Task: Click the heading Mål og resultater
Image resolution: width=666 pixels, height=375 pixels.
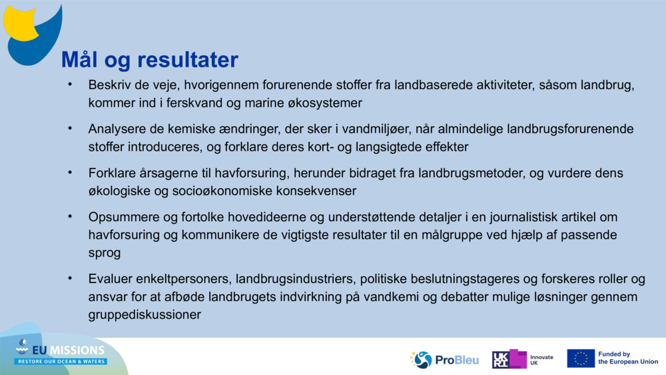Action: (x=149, y=60)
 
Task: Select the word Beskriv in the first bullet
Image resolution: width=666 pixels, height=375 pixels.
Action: (x=107, y=86)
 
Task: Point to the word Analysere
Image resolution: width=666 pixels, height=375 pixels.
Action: (x=115, y=129)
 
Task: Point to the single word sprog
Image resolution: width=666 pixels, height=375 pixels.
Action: (x=103, y=252)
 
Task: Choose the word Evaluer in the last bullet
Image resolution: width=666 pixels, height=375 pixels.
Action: (x=109, y=279)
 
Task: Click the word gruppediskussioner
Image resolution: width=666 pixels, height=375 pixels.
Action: (x=145, y=314)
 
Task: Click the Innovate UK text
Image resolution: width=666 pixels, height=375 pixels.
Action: (x=541, y=360)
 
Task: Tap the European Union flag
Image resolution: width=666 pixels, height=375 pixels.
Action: (x=581, y=358)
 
